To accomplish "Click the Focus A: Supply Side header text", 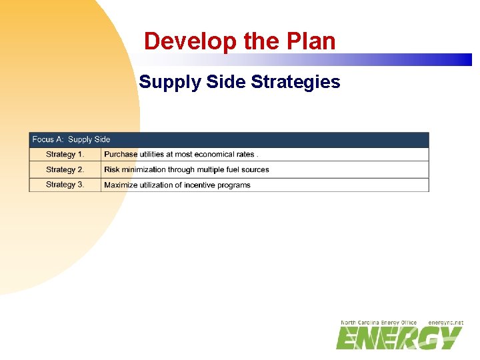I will click(71, 139).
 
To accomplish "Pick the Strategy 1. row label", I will click(65, 155).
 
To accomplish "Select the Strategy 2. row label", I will click(65, 170).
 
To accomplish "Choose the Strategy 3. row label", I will click(65, 185).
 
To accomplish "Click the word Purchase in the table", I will click(121, 155).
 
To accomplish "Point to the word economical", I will click(214, 155).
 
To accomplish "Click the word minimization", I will click(143, 170).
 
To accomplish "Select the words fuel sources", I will click(246, 170).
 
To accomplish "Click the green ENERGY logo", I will click(399, 338).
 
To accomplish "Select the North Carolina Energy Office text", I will click(378, 323).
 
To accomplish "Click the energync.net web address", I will click(445, 323).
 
